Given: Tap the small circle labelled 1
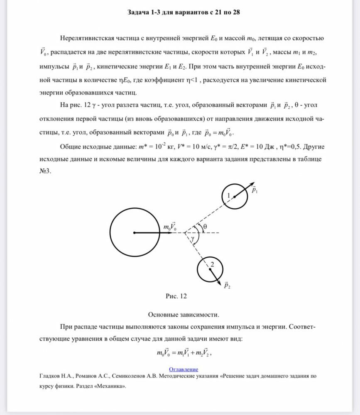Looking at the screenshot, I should point(235,196).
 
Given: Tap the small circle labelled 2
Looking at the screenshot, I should point(209,269).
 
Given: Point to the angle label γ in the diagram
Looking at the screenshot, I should point(193,239).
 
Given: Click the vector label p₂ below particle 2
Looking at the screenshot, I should point(227,285).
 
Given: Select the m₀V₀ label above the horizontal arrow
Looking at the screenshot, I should point(170,227).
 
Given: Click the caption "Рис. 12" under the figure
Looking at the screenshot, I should point(176,296).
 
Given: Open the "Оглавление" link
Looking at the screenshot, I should point(184,369).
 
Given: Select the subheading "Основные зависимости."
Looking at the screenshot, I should point(184,314).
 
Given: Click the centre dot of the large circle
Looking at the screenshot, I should point(134,233).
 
